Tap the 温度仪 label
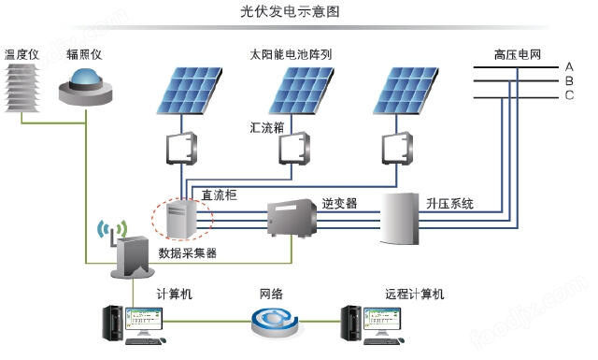(x=21, y=55)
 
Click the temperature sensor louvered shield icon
(x=21, y=84)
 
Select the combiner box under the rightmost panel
(x=399, y=147)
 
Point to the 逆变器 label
(x=339, y=203)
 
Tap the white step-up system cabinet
(x=406, y=219)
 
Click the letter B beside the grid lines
(x=568, y=80)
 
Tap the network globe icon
(x=274, y=324)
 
